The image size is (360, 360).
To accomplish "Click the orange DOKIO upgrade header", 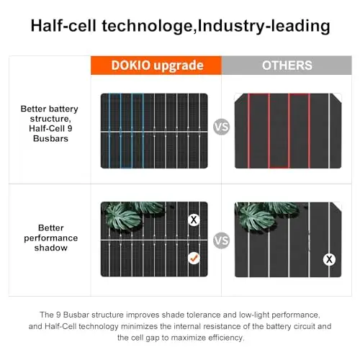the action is point(156,66).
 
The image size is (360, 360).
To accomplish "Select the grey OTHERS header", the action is point(287,66).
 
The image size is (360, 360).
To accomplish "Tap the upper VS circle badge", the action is point(221,127).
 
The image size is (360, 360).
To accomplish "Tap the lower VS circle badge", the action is point(221,240).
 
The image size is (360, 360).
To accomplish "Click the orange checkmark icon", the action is point(194,258).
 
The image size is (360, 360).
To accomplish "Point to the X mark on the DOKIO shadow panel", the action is point(194,220).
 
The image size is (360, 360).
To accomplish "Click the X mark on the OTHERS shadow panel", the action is point(329,259).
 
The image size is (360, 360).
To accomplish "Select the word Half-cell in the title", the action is point(63,25).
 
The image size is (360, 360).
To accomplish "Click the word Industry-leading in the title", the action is point(264,26).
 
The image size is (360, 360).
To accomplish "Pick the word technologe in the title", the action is point(148,27).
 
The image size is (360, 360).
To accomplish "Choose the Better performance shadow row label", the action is point(50,238).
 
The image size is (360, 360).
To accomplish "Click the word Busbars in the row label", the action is point(50,138).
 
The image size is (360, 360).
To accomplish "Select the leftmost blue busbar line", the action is point(109,131).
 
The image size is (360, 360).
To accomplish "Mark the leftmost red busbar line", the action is point(249,131).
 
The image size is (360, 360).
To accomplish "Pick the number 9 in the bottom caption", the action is point(58,315).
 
